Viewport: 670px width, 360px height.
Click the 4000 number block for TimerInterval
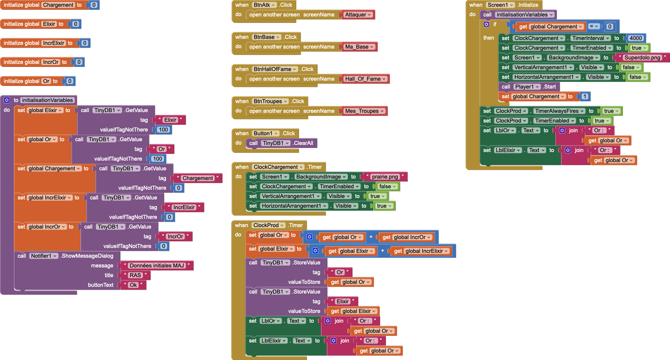pyautogui.click(x=635, y=38)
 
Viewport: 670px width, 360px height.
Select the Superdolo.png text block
pyautogui.click(x=642, y=58)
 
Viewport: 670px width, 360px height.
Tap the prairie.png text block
pyautogui.click(x=385, y=177)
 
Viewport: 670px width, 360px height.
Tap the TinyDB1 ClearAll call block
pyautogui.click(x=282, y=143)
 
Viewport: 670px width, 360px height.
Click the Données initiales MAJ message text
pyautogui.click(x=158, y=266)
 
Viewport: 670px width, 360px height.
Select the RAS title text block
pyautogui.click(x=135, y=276)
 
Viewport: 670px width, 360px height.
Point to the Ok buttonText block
pyautogui.click(x=133, y=285)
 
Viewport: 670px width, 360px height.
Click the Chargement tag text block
pyautogui.click(x=198, y=179)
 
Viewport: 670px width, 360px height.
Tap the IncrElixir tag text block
pyautogui.click(x=184, y=208)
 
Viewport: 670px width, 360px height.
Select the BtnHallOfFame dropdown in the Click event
pyautogui.click(x=275, y=69)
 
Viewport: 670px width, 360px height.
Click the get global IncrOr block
pyautogui.click(x=407, y=237)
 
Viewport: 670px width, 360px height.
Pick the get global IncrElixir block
pyautogui.click(x=421, y=251)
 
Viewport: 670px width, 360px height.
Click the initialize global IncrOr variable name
pyautogui.click(x=51, y=62)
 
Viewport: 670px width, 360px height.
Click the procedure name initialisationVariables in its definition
pyautogui.click(x=48, y=100)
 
